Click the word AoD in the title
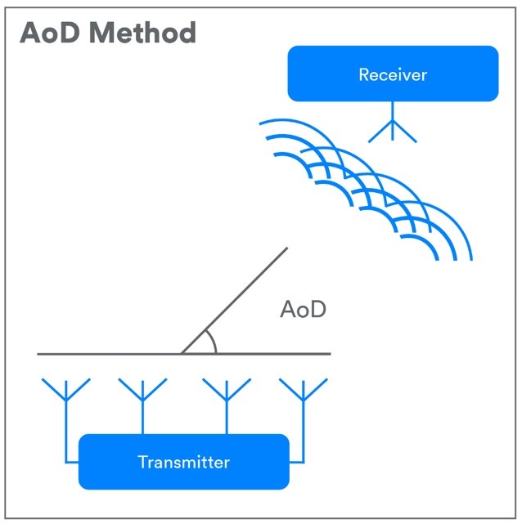coord(50,33)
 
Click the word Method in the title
coord(142,33)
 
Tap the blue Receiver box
coord(393,74)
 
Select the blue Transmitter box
coord(183,462)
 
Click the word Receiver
coord(393,74)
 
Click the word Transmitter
coord(183,462)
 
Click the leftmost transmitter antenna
coord(66,391)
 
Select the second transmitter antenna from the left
coord(142,391)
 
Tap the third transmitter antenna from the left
coord(227,391)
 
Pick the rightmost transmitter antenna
coord(304,391)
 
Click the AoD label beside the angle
coord(303,309)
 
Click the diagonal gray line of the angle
coord(234,301)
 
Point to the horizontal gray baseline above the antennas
coord(183,354)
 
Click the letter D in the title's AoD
coord(69,33)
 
